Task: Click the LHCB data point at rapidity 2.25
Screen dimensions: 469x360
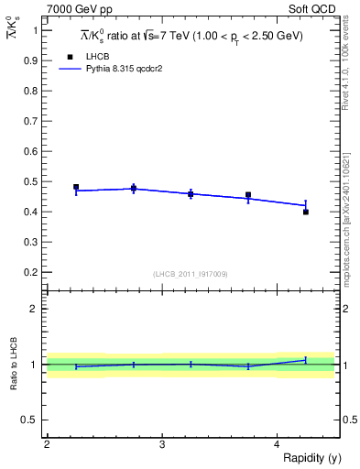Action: pyautogui.click(x=76, y=187)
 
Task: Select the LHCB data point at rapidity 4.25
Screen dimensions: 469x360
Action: pyautogui.click(x=306, y=212)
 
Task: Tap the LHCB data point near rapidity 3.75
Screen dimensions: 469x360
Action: pyautogui.click(x=248, y=195)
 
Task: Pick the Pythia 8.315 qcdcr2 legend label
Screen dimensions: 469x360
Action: pyautogui.click(x=136, y=69)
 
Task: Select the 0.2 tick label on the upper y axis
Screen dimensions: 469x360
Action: pyautogui.click(x=32, y=272)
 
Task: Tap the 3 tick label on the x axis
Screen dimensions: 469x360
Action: pyautogui.click(x=161, y=445)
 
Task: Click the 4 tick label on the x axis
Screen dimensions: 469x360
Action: pyautogui.click(x=277, y=445)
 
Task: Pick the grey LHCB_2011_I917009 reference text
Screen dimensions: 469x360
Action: pyautogui.click(x=190, y=274)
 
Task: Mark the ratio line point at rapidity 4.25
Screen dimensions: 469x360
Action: pyautogui.click(x=306, y=360)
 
